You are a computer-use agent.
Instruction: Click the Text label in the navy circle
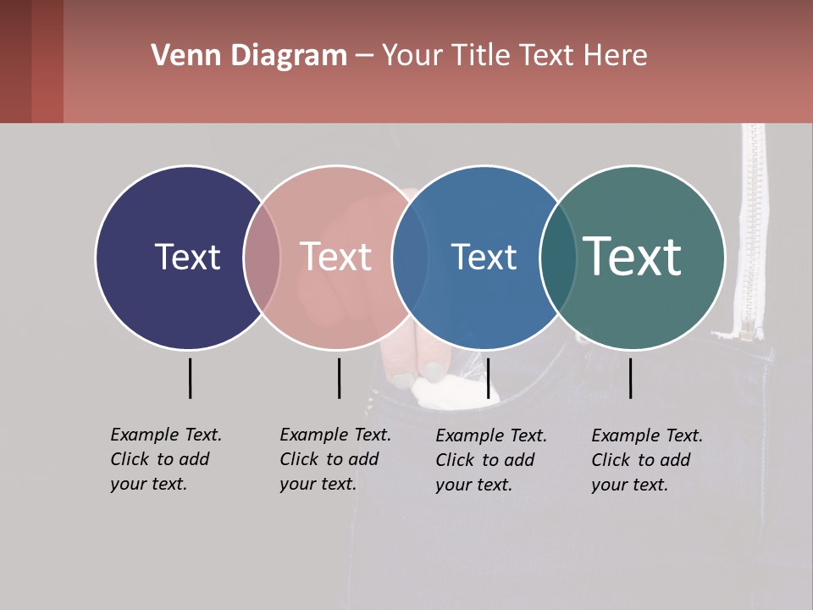(x=187, y=257)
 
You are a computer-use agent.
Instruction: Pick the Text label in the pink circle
(x=336, y=257)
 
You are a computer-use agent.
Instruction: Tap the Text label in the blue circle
(x=484, y=257)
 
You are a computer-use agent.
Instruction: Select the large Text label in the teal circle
(x=633, y=257)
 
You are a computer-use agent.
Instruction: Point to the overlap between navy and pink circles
(x=262, y=257)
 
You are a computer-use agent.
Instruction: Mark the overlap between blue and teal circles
(x=557, y=257)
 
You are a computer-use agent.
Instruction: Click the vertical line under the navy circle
(x=190, y=378)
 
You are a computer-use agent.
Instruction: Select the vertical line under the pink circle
(x=339, y=378)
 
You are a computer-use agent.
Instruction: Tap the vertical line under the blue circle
(x=488, y=378)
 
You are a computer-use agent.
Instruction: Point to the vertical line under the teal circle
(x=630, y=378)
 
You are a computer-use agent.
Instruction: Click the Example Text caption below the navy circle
(x=166, y=459)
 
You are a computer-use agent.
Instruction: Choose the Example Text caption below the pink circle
(x=335, y=459)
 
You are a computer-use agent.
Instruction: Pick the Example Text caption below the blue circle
(x=491, y=460)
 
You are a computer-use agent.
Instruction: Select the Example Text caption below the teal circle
(x=647, y=460)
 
